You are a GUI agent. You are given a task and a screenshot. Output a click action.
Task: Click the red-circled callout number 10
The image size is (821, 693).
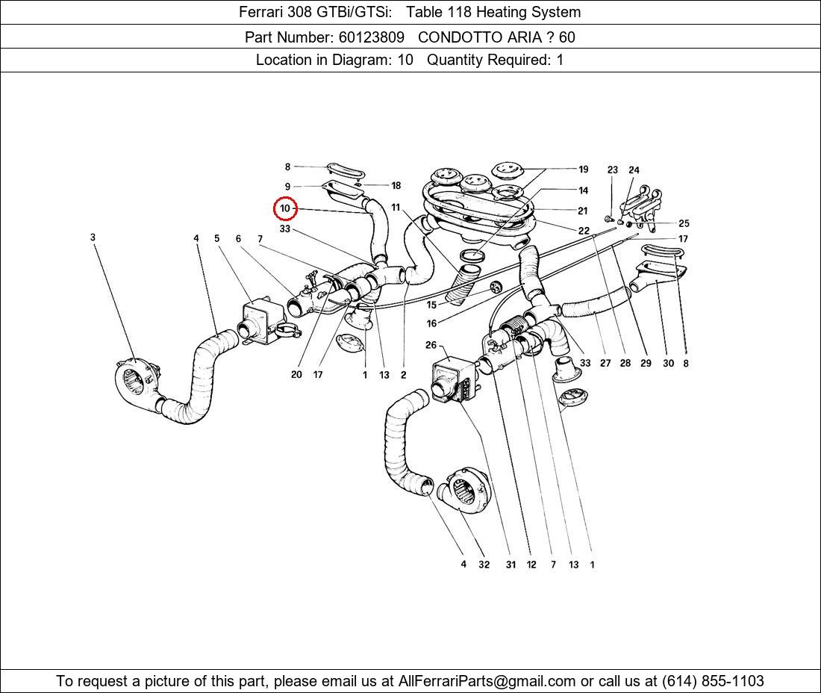[285, 208]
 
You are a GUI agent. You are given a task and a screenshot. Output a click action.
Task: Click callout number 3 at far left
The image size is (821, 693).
[93, 237]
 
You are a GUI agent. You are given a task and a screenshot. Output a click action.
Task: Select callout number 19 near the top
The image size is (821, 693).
[583, 170]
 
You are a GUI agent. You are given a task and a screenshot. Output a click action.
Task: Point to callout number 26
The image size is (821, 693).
[431, 345]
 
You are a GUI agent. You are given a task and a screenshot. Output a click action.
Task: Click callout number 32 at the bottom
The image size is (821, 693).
[484, 565]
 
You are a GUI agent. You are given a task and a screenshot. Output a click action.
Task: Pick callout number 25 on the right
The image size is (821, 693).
[684, 223]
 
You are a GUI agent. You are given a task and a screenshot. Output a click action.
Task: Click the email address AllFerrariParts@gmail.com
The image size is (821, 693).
[487, 681]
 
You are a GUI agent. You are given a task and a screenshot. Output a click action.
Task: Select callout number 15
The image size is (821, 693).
[431, 305]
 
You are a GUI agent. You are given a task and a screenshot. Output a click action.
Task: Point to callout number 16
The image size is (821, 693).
[431, 323]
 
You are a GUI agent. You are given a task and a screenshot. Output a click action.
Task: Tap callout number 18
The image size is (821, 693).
[396, 185]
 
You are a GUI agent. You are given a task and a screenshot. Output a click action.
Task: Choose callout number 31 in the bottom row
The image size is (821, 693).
[511, 565]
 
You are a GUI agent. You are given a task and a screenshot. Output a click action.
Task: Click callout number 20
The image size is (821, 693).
[296, 374]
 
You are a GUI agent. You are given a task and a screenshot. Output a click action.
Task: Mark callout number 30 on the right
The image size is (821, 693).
[668, 364]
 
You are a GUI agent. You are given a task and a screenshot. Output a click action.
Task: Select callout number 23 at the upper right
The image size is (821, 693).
[612, 170]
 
